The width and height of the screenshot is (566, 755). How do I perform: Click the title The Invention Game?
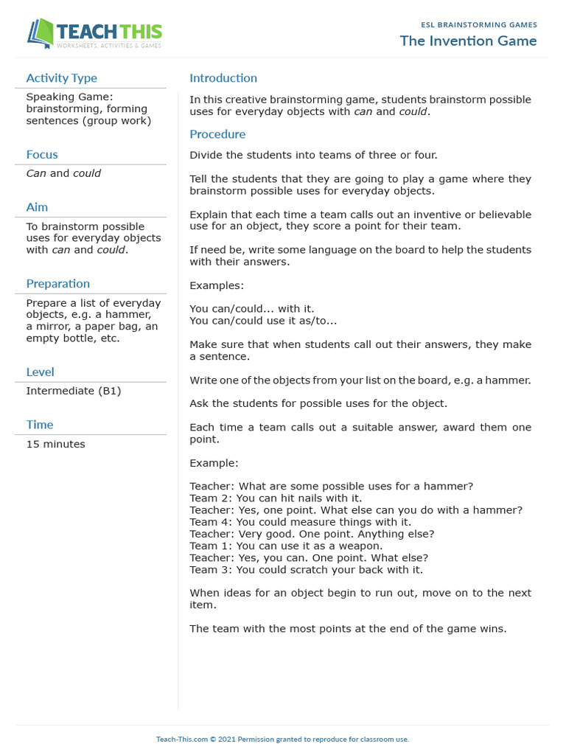[x=468, y=41]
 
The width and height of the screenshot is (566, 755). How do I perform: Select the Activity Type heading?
[x=61, y=78]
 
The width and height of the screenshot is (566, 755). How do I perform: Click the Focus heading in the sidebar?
[x=42, y=154]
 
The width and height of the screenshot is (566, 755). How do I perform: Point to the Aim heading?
[x=37, y=207]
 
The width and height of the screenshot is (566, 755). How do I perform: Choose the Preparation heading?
[x=57, y=284]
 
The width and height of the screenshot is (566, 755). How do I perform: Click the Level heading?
[x=40, y=372]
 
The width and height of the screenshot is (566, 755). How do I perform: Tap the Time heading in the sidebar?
[x=40, y=425]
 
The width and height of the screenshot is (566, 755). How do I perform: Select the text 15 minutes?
[x=55, y=444]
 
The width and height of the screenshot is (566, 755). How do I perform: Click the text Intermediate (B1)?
[x=73, y=391]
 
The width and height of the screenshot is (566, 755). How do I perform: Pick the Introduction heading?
[x=223, y=78]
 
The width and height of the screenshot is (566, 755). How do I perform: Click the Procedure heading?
[x=217, y=134]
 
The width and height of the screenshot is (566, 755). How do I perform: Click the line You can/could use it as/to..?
[x=263, y=321]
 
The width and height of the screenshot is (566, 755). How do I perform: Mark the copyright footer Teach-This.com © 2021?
[x=282, y=739]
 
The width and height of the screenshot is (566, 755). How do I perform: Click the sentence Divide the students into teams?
[x=313, y=155]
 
